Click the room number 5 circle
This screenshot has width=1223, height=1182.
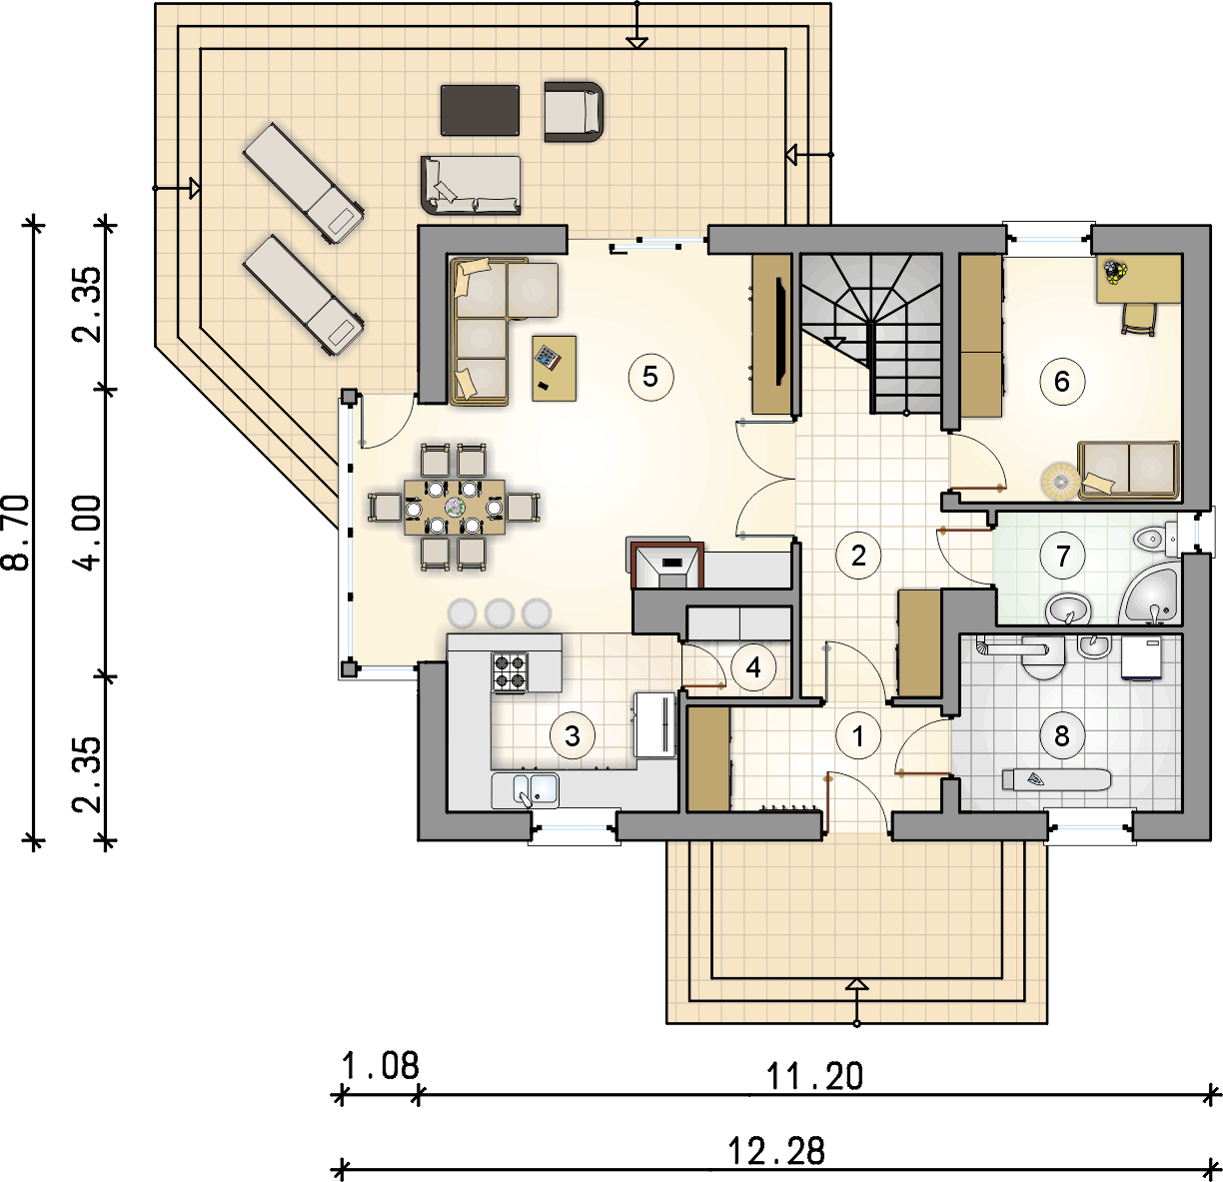coord(650,377)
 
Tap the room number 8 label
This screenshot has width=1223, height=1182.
coord(1062,736)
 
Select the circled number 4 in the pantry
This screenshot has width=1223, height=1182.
coord(753,667)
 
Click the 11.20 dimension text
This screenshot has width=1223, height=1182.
coord(814,1076)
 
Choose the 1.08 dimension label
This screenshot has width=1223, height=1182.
coord(380,1066)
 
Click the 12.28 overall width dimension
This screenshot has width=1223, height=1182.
coord(776,1151)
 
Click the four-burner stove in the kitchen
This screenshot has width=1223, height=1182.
coord(510,672)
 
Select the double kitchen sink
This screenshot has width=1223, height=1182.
coord(526,789)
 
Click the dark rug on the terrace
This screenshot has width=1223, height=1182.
coord(480,110)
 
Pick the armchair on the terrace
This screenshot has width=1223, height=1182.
coord(574,111)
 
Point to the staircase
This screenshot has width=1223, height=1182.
coord(871,330)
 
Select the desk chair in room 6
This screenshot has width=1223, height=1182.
coord(1138,318)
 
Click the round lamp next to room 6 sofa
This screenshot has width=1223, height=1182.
coord(1057,482)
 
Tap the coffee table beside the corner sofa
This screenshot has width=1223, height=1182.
coord(555,368)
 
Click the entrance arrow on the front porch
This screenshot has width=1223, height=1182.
coord(856,986)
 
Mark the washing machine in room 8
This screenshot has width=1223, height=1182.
coord(1140,658)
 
